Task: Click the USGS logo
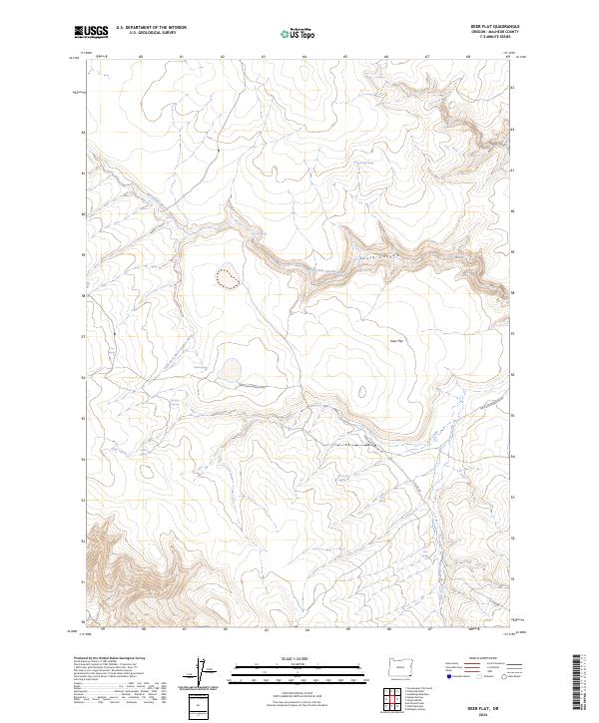(x=92, y=33)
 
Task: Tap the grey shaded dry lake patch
(x=232, y=370)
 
